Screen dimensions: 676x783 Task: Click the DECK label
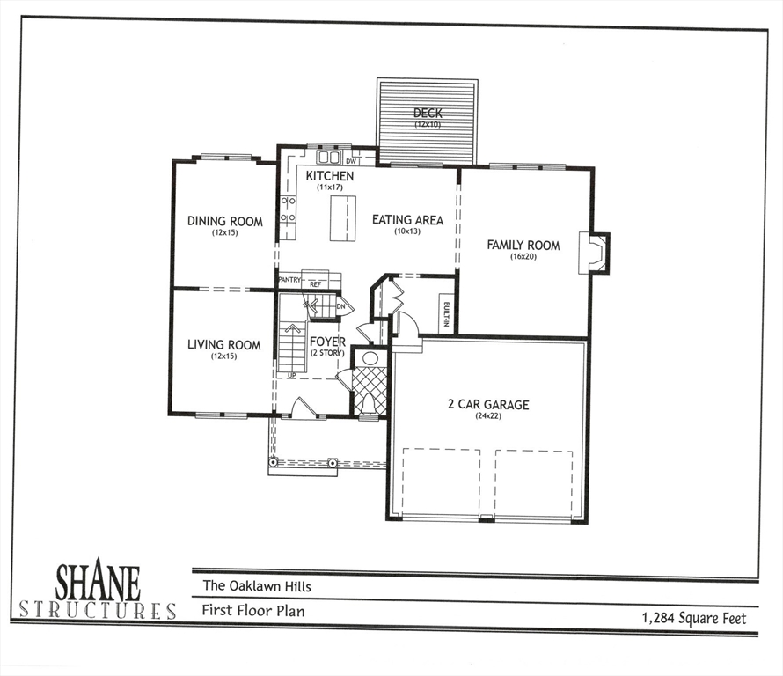click(x=428, y=114)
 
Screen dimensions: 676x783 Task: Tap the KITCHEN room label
click(x=330, y=176)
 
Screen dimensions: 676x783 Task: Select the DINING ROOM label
click(x=224, y=222)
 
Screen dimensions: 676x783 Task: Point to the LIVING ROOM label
click(x=224, y=345)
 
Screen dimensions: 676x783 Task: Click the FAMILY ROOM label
click(x=523, y=246)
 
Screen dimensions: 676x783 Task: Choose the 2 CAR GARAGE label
click(x=488, y=405)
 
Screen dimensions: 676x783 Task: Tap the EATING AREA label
click(x=407, y=220)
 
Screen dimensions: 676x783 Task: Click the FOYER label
click(x=326, y=342)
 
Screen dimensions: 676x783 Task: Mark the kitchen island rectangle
click(x=343, y=218)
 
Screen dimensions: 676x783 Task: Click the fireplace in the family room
click(x=597, y=253)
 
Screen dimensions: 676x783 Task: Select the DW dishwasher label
click(x=351, y=161)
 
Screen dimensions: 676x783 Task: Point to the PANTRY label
click(x=289, y=280)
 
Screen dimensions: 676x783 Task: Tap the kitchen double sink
click(x=329, y=158)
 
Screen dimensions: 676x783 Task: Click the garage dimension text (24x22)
click(x=488, y=416)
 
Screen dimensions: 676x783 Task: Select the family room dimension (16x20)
click(x=523, y=257)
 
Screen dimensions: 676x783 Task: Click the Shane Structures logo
click(x=98, y=591)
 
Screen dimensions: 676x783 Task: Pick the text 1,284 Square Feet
click(x=694, y=619)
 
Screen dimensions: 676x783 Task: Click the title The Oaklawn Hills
click(x=257, y=586)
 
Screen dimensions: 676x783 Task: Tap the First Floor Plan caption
click(x=253, y=610)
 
